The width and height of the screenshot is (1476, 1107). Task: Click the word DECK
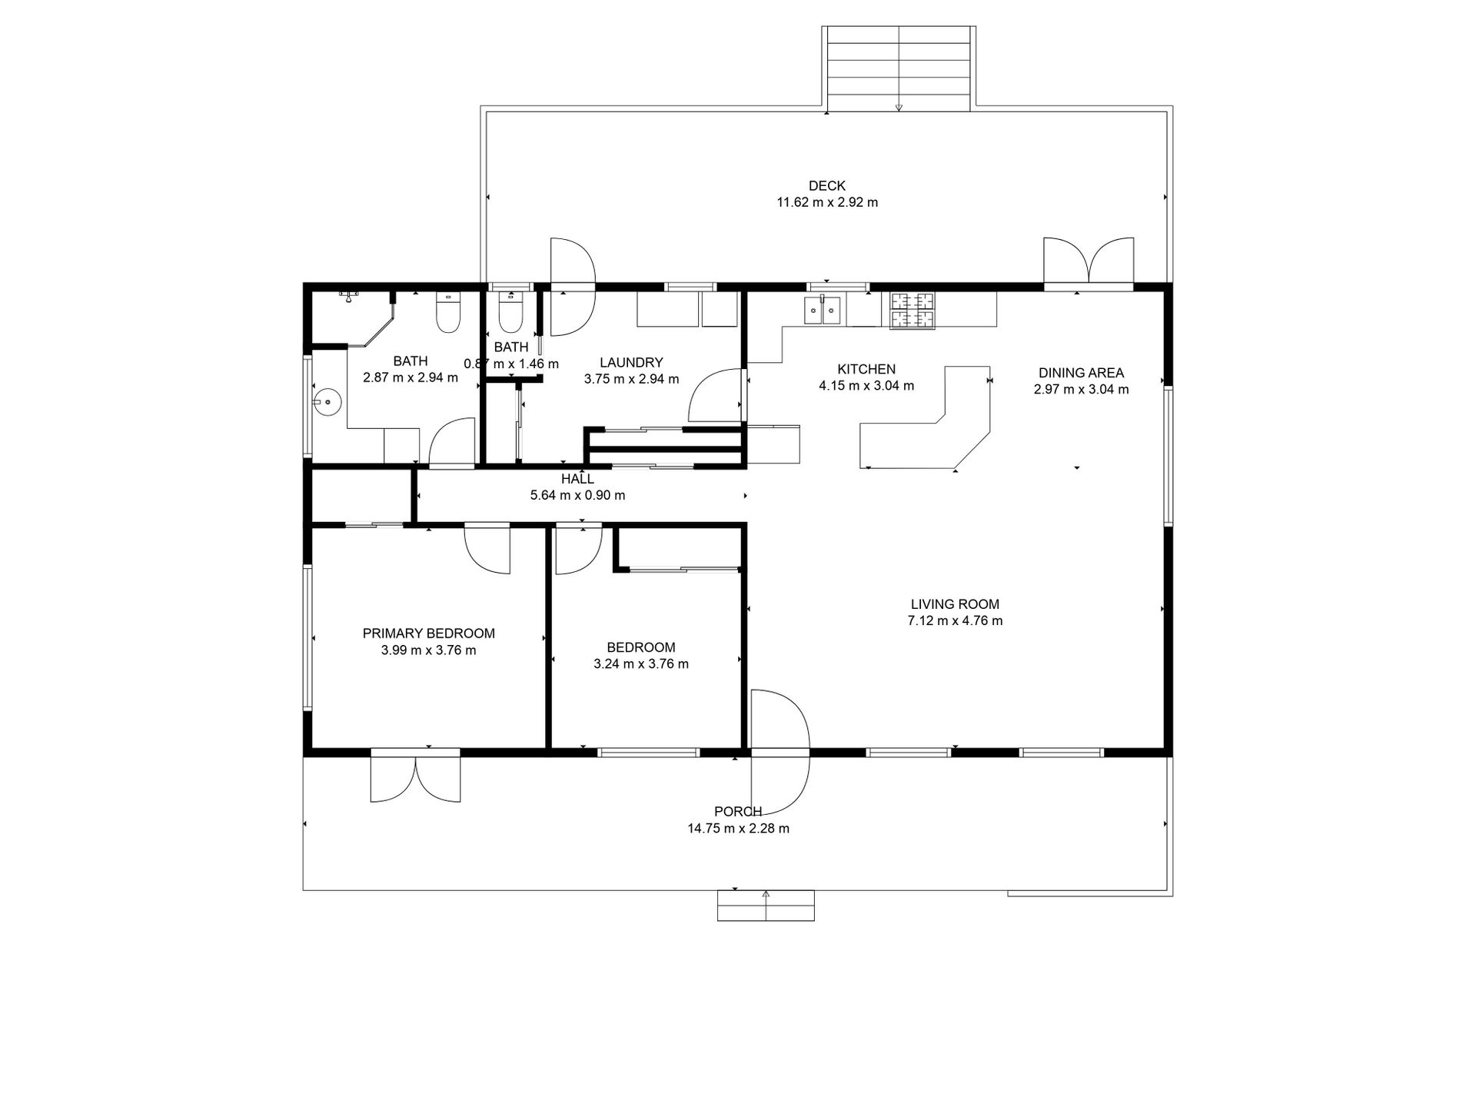826,186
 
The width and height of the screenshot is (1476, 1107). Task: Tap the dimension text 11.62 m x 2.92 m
827,203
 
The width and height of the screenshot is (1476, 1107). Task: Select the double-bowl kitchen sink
823,309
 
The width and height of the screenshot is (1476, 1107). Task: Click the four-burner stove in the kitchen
913,311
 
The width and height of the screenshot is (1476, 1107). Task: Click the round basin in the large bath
327,401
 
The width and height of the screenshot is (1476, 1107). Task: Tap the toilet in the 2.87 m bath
447,312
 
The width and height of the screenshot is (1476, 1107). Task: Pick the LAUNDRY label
631,363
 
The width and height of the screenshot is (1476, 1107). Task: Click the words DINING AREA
1081,373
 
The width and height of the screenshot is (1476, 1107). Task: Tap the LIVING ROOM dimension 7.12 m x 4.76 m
955,621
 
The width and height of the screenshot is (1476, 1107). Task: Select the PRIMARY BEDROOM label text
429,633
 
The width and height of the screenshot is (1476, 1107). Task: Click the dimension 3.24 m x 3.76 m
641,664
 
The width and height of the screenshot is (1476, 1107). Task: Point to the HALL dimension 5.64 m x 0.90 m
577,496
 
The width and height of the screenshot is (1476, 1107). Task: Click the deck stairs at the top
899,68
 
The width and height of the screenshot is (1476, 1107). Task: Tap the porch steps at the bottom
766,905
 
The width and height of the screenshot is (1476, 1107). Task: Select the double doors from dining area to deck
1088,263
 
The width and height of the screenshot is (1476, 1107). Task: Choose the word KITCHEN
866,370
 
